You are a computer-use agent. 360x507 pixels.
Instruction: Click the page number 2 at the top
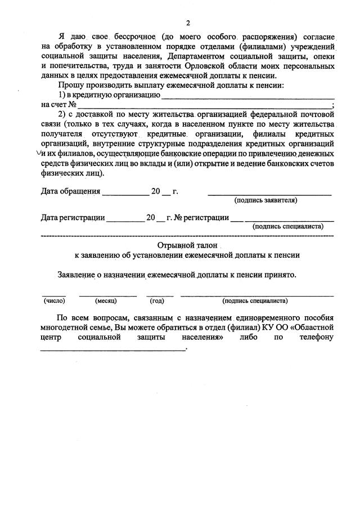[188, 23]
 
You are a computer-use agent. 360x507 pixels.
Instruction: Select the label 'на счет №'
[58, 105]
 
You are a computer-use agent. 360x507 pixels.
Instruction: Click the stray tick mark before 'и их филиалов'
[38, 152]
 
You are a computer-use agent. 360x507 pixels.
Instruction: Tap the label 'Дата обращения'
[70, 191]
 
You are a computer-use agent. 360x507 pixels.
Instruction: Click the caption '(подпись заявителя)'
[265, 200]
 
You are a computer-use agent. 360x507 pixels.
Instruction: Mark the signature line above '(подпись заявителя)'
[269, 195]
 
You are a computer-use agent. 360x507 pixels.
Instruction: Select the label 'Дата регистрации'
[73, 217]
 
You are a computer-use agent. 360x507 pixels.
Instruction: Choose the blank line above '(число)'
[53, 295]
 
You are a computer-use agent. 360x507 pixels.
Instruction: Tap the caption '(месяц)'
[106, 300]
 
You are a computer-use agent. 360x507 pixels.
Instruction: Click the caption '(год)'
[157, 300]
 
